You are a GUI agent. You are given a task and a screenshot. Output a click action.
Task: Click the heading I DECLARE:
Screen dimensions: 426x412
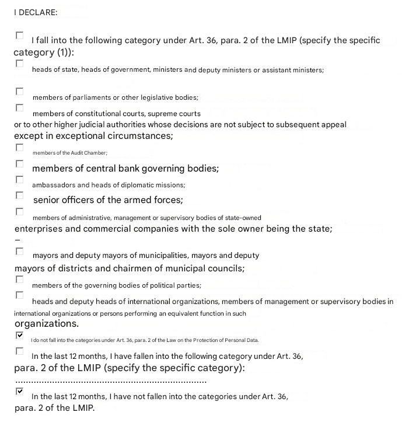point(36,12)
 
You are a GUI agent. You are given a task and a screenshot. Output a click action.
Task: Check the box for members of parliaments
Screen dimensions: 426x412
point(20,92)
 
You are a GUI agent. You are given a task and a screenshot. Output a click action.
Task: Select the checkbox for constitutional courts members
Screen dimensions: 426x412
point(20,108)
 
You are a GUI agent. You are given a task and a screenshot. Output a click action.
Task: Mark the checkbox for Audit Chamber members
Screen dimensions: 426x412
point(20,148)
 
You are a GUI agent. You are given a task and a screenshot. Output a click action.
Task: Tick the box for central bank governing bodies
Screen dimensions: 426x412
point(20,164)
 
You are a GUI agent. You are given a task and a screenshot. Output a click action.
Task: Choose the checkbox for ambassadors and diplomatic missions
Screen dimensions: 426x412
point(20,180)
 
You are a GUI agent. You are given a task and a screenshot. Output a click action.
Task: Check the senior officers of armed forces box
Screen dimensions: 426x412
point(20,195)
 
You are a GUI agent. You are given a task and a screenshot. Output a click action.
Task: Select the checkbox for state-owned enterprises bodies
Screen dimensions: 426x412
point(20,212)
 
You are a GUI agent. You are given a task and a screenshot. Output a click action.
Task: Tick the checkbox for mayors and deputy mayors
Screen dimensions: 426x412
point(20,252)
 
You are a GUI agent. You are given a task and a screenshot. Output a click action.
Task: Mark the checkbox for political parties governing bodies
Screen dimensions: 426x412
point(20,280)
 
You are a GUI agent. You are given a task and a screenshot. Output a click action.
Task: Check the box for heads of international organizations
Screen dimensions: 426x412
point(20,295)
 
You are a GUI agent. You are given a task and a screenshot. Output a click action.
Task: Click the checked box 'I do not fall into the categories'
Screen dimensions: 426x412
point(20,336)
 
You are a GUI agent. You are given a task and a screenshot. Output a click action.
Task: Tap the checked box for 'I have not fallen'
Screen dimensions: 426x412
point(20,392)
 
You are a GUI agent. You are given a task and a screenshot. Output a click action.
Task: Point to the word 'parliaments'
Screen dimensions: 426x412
point(83,97)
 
